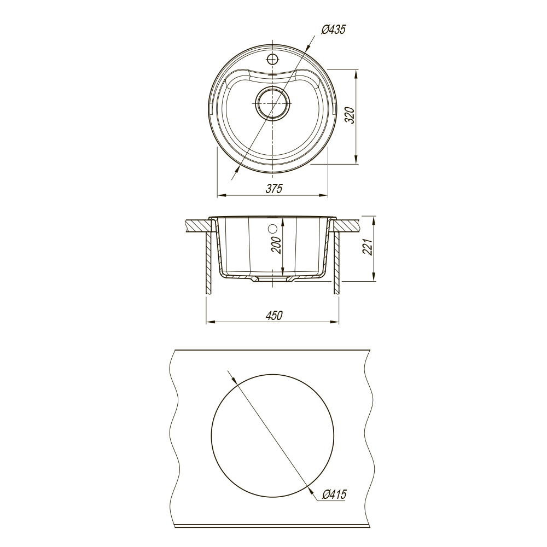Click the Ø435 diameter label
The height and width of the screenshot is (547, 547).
(x=333, y=30)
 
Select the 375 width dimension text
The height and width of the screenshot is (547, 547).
(x=274, y=188)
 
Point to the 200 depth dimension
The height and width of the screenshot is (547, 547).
(x=276, y=245)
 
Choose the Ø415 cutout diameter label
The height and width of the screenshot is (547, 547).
(x=334, y=494)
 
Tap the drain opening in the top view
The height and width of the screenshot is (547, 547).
(x=272, y=103)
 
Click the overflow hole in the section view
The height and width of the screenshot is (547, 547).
(x=272, y=229)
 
